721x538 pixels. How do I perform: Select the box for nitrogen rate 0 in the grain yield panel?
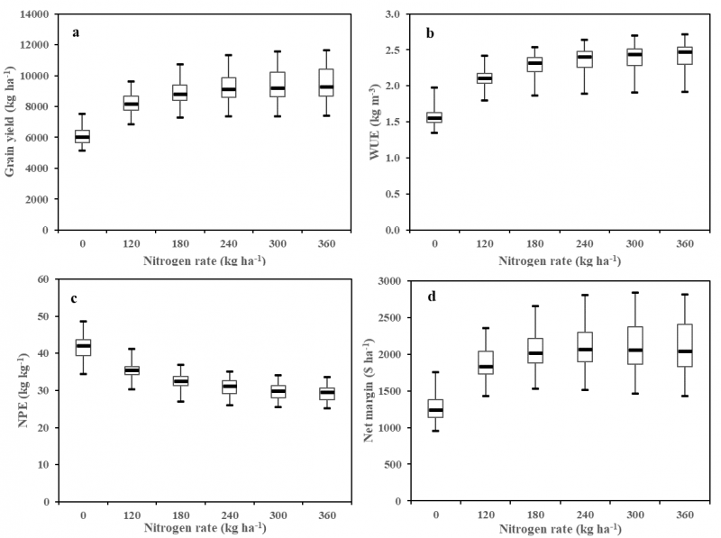pos(82,137)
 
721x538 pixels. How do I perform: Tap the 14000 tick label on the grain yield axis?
pos(34,15)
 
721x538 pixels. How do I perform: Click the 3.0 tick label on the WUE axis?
pos(393,15)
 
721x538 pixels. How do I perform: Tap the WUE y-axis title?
pos(376,123)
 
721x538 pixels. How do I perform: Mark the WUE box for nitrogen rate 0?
pos(434,117)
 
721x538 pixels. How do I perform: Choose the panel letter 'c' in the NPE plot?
pos(75,298)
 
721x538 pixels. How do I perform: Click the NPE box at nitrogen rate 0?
pos(82,347)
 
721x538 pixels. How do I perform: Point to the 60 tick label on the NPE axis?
pos(41,280)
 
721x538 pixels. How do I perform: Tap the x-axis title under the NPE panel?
pos(204,525)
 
